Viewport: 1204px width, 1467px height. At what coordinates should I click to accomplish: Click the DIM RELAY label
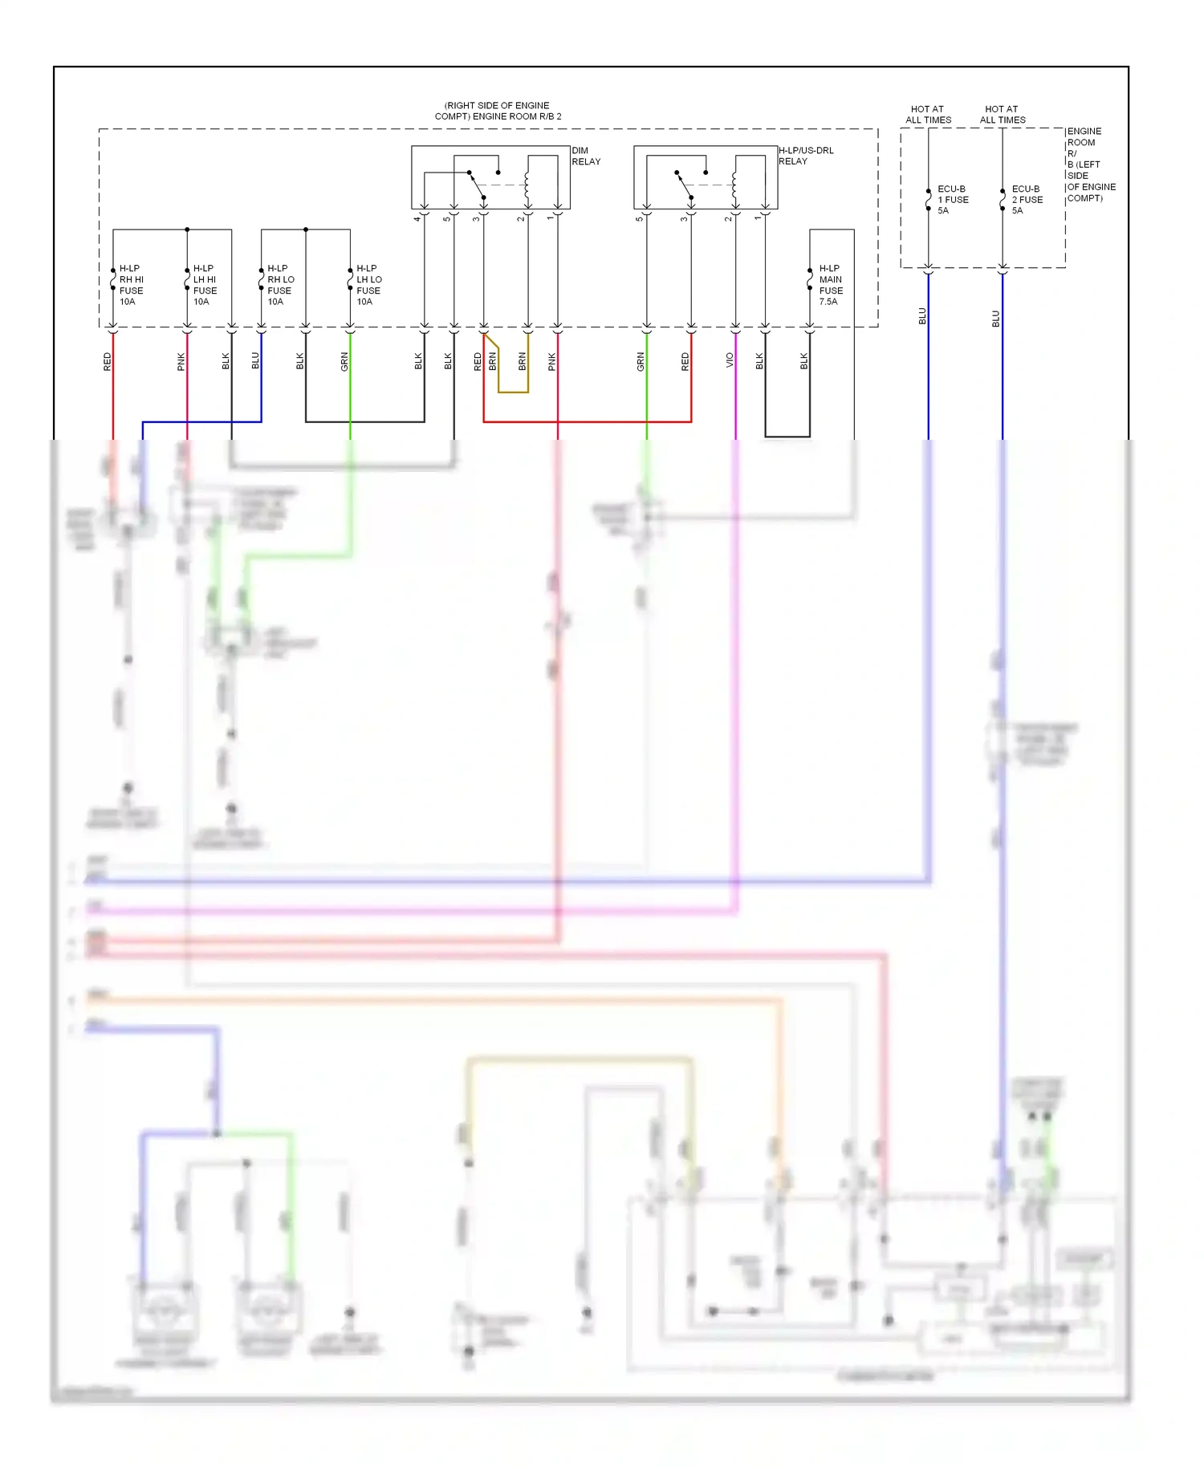(x=585, y=156)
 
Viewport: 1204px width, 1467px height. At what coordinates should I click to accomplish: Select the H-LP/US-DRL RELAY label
(x=805, y=156)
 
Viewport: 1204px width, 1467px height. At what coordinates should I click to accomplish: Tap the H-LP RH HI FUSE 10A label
(x=131, y=285)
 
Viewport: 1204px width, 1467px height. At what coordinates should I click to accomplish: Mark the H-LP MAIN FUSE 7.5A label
(x=831, y=285)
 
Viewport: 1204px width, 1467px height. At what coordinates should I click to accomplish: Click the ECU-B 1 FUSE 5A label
(x=953, y=200)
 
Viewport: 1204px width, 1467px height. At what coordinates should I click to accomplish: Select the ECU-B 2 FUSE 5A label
(x=1027, y=200)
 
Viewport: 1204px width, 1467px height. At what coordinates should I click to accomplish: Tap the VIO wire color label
(x=730, y=360)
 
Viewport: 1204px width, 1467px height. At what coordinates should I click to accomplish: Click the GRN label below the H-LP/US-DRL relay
(x=641, y=362)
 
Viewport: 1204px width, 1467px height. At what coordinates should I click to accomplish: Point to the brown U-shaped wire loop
(x=513, y=392)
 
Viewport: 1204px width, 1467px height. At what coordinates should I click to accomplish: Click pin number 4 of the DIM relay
(x=417, y=218)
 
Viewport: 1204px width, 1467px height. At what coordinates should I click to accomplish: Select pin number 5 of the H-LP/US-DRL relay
(x=640, y=218)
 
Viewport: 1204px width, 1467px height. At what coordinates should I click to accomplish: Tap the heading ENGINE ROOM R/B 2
(x=498, y=111)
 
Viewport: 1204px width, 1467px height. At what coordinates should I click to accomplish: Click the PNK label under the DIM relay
(x=552, y=362)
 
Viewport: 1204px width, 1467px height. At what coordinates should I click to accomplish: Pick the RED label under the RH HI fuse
(x=108, y=362)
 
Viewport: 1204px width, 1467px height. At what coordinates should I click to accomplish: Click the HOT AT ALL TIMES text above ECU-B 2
(x=1002, y=114)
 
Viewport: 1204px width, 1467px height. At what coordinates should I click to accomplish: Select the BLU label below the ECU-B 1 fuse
(x=922, y=316)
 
